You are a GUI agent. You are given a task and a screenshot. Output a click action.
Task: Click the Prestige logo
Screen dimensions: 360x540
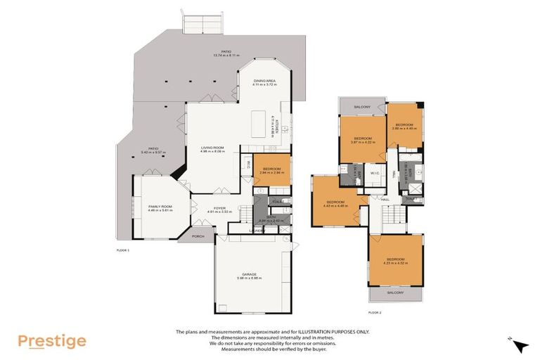[51, 341]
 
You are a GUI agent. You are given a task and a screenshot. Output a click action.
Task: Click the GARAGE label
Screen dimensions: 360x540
[250, 275]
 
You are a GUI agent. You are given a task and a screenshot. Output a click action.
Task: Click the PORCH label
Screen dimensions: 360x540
[198, 236]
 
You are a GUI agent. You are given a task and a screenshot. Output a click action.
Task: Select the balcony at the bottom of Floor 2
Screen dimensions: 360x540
[396, 292]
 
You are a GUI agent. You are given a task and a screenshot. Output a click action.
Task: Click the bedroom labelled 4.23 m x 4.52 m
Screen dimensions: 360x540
[395, 261]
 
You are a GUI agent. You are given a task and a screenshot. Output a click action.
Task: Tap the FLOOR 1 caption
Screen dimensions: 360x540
[123, 250]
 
